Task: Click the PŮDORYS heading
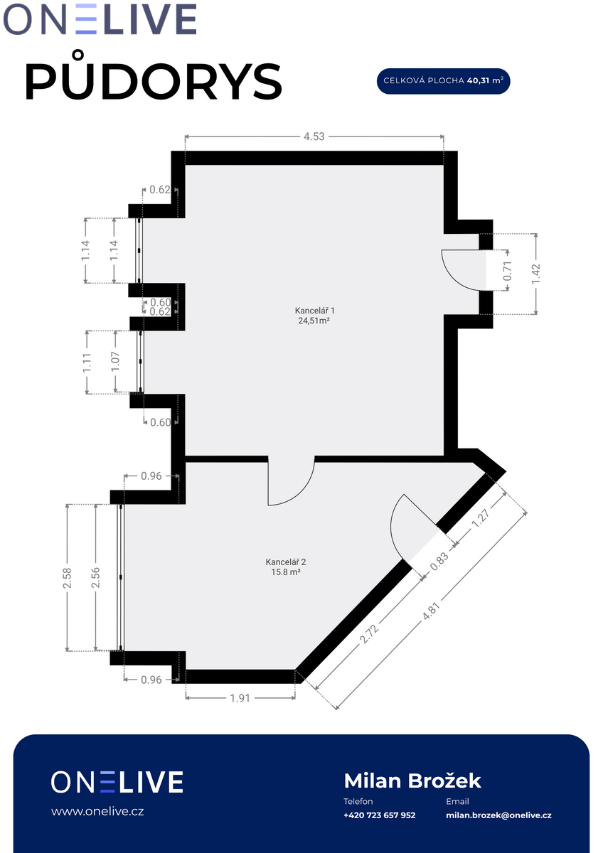point(154,76)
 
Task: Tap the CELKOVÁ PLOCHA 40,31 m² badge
point(443,81)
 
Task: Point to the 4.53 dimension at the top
point(314,136)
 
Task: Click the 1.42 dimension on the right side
point(536,274)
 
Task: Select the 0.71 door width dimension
point(508,271)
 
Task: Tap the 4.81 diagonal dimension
point(431,611)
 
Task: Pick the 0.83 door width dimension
point(439,562)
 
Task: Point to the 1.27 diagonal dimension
point(481,518)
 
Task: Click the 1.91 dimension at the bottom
point(240,698)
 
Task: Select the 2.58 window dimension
point(67,578)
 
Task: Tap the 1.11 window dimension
point(87,363)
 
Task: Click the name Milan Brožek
point(412,780)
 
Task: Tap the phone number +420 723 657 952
point(380,815)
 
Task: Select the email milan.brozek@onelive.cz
point(498,815)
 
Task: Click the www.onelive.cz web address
point(97,811)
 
